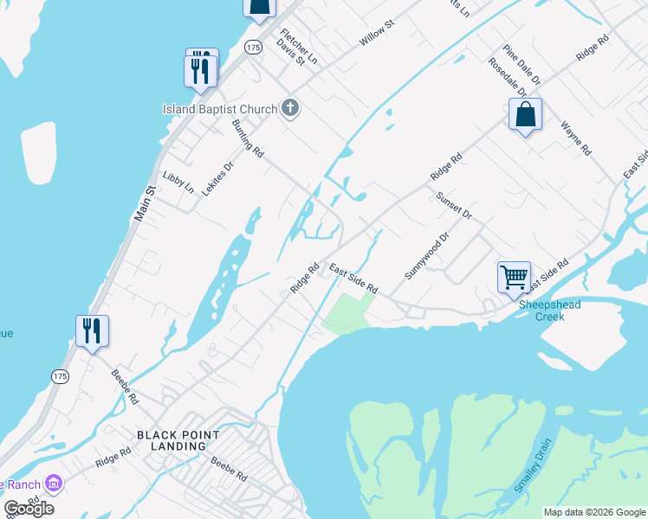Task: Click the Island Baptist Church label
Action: click(220, 109)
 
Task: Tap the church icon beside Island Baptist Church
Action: click(290, 108)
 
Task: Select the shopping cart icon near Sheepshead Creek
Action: click(514, 278)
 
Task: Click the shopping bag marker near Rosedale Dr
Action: click(525, 115)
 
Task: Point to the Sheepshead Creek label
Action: click(549, 311)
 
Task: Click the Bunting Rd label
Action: click(248, 138)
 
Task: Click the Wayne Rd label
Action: click(576, 138)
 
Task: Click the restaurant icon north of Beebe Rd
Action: click(92, 331)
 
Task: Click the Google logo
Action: click(29, 508)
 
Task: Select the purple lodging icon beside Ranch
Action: click(54, 482)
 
